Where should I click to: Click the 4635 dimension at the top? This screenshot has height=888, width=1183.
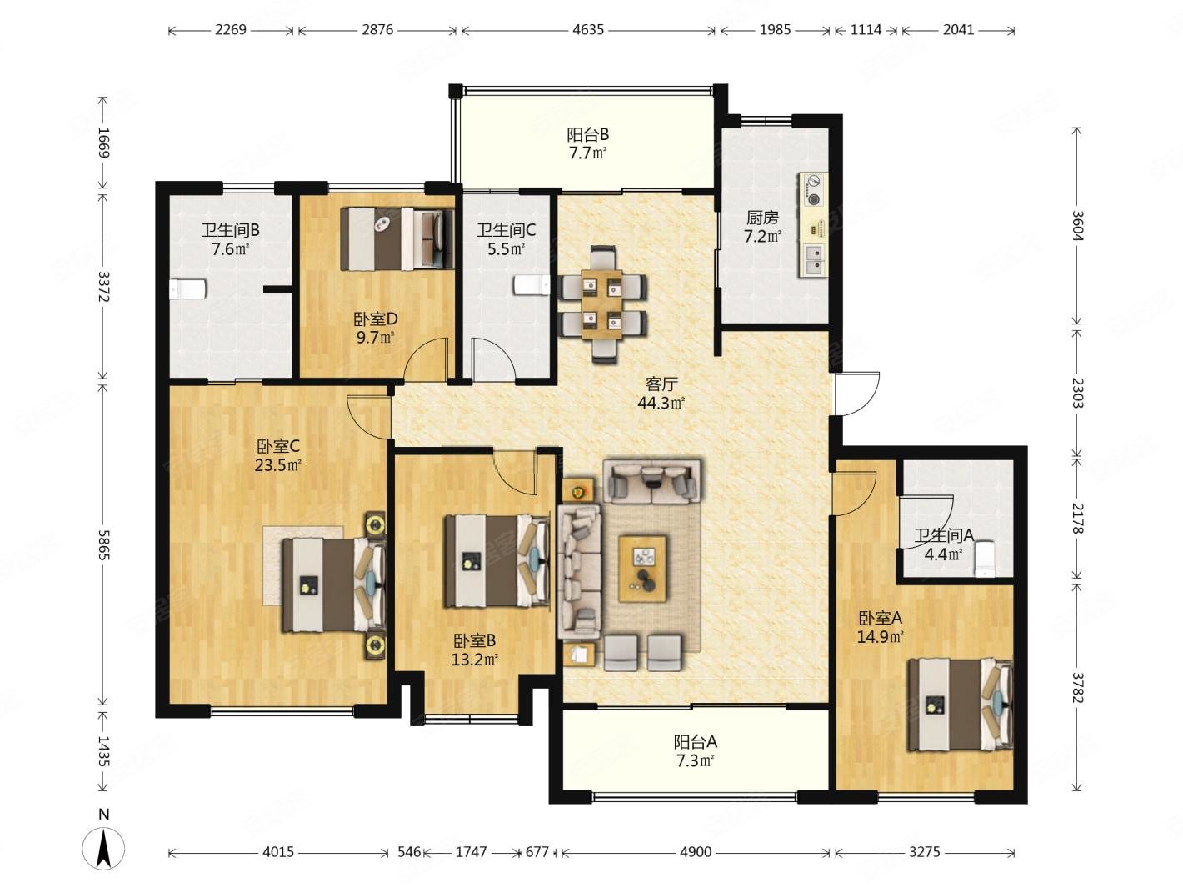point(588,30)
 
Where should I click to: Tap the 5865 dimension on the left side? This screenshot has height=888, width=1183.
point(104,545)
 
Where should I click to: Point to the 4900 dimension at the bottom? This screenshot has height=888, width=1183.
point(696,852)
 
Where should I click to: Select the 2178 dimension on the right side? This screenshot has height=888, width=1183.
point(1077,518)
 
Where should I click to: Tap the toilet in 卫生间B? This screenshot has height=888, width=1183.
point(187,289)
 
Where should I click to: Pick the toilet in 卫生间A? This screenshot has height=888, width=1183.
point(984,559)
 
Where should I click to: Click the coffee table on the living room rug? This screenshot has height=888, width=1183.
point(642,569)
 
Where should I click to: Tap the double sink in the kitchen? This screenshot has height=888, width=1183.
point(813,260)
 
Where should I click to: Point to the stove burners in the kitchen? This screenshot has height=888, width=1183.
point(813,190)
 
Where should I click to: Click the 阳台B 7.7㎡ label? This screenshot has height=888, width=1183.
point(588,143)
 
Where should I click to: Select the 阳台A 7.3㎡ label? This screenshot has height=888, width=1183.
point(696,751)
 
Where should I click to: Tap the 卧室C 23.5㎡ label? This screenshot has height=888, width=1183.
point(277,455)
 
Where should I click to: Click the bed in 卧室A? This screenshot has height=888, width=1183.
point(961,704)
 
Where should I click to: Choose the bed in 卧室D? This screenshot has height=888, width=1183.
point(397,238)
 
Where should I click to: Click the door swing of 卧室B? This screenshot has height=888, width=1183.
point(516,472)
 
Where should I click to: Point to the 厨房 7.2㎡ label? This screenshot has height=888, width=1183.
point(762,227)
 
